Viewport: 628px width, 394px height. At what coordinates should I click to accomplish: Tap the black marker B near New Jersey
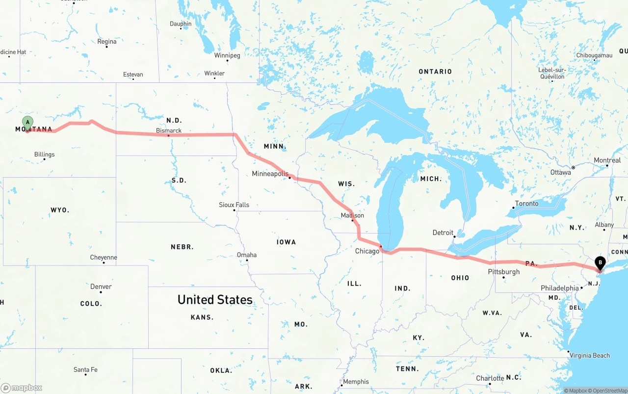tap(600, 263)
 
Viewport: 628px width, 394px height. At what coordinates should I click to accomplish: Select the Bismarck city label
tap(169, 131)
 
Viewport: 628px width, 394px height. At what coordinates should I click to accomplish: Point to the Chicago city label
tap(367, 251)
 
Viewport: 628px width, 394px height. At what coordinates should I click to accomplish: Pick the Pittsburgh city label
tap(503, 272)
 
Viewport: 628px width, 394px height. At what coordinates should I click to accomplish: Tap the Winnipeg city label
tap(227, 55)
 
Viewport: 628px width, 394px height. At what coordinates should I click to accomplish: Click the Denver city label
tap(101, 287)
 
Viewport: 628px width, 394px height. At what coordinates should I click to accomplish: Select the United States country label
tap(215, 299)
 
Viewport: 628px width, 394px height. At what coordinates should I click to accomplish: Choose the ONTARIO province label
tap(435, 72)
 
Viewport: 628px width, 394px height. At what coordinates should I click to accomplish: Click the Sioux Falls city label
tap(234, 205)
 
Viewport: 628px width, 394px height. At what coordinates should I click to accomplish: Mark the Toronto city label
tap(526, 204)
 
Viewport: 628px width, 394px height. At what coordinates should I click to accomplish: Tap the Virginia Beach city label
tap(590, 355)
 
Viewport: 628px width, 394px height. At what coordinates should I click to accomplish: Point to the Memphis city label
tap(356, 381)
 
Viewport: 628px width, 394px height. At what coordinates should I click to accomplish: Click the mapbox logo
tap(22, 388)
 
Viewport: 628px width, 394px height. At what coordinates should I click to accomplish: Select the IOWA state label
tap(286, 242)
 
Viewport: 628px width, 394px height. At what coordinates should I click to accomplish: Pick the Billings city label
tap(45, 155)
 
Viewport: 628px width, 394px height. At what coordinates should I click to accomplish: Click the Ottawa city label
tap(560, 172)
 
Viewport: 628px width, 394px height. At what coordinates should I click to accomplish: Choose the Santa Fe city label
tap(85, 369)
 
